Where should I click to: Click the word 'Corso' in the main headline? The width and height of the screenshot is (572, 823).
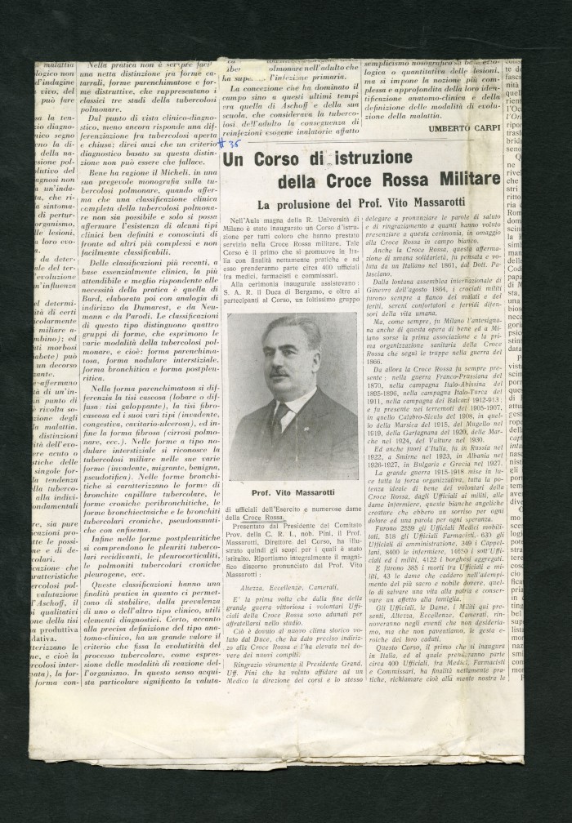[x=276, y=158]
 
